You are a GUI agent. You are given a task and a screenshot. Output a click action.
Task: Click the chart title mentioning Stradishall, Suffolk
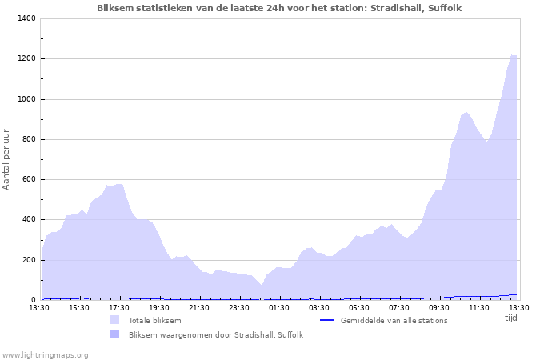(279, 8)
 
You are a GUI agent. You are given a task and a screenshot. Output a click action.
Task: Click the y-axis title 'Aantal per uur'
(7, 158)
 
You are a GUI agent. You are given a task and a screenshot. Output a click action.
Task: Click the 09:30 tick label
(439, 307)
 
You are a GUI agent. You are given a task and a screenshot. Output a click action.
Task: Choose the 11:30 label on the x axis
(479, 307)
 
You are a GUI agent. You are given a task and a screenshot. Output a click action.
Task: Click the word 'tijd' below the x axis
(510, 318)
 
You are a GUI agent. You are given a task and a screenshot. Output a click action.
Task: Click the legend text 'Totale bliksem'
(154, 320)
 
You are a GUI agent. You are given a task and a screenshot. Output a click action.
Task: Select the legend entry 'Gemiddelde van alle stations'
(394, 320)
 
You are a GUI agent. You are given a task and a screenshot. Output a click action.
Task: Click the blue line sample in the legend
(326, 320)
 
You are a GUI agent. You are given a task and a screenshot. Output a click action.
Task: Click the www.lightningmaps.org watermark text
(45, 354)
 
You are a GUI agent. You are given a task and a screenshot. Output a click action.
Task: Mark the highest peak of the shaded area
(513, 55)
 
